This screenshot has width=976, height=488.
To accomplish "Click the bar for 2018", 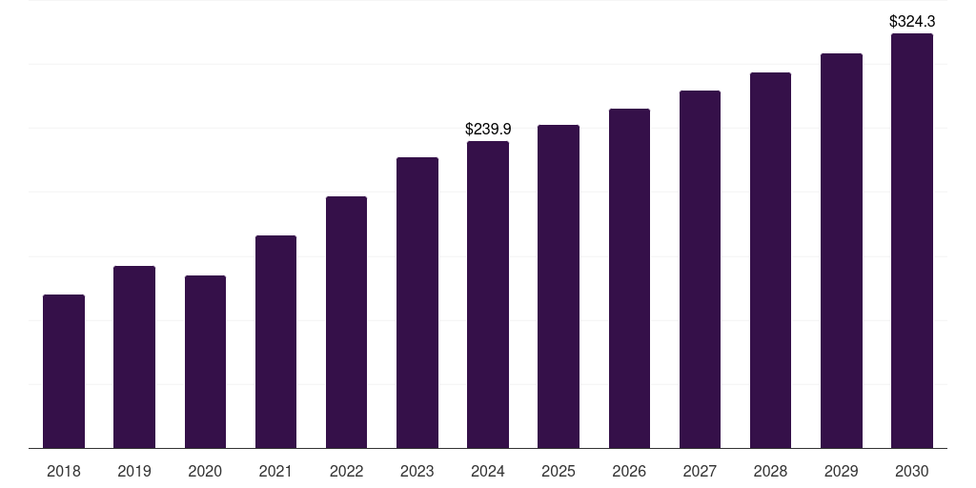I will click(x=64, y=372).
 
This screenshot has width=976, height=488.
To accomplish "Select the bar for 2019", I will click(x=134, y=357).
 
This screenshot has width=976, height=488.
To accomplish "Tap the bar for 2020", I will click(x=205, y=362).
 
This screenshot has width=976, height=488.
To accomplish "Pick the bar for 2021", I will click(x=275, y=342).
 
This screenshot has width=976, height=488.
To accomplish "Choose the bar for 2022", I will click(x=346, y=322).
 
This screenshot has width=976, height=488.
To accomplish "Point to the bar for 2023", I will click(x=417, y=303).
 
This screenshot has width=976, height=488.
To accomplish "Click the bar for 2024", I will click(x=488, y=295).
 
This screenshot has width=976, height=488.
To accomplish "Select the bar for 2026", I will click(x=629, y=278).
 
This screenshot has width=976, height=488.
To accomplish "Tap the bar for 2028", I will click(x=770, y=260).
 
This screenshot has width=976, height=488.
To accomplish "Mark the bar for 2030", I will click(x=912, y=241).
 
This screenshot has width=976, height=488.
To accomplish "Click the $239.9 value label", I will click(x=488, y=129).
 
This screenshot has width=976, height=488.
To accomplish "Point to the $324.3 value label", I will click(x=912, y=20).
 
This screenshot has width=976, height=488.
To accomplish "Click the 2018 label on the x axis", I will click(x=64, y=471).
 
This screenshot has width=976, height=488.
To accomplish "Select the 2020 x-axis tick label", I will click(x=205, y=471).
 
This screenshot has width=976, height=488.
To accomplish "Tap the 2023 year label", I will click(x=417, y=471).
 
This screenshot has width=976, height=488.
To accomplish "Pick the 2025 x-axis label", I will click(x=559, y=471).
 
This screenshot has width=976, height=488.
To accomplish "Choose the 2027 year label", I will click(x=700, y=471).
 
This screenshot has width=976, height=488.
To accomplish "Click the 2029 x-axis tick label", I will click(x=842, y=471).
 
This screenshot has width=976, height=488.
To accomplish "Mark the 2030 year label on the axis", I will click(x=912, y=471).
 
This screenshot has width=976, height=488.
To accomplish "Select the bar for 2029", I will click(x=842, y=251).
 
